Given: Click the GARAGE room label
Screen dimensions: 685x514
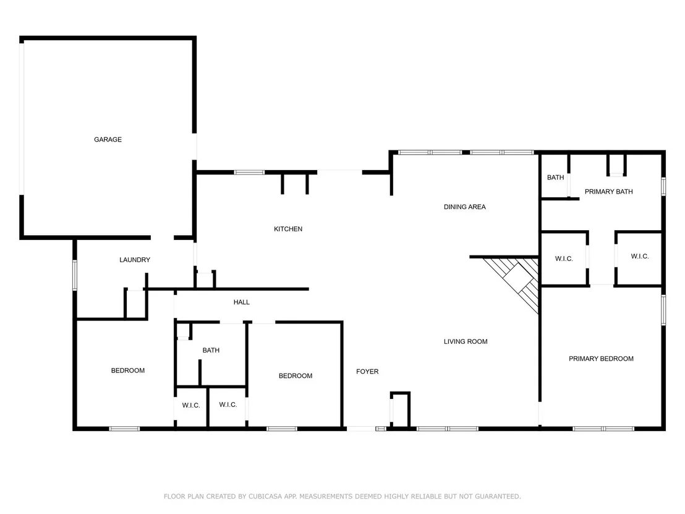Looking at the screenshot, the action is point(108,139).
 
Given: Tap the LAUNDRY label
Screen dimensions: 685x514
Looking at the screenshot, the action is point(135,260).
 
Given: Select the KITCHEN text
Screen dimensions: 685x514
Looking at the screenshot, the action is point(288,229).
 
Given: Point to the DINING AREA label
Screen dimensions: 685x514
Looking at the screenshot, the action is point(465,207).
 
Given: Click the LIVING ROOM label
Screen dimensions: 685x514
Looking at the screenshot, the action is point(466,341).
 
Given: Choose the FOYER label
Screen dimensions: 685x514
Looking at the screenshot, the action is point(367,372).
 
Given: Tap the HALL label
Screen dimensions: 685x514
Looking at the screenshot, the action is point(242,302).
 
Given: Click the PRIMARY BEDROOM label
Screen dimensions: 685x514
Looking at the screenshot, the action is point(601,359).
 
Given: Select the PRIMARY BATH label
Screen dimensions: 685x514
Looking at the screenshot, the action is point(608,192).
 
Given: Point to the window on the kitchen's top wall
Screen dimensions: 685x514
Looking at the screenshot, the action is point(249,173).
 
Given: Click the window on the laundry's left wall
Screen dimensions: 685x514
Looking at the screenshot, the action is point(75,275).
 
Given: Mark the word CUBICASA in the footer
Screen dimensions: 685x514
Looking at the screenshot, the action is point(266,497).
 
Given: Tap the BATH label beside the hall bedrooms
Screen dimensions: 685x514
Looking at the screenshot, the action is point(211,350).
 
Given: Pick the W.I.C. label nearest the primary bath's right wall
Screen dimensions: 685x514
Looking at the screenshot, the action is point(640,256).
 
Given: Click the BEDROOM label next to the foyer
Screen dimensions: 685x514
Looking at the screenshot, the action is point(296,376).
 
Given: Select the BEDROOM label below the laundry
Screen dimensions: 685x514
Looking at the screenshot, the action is point(127,371).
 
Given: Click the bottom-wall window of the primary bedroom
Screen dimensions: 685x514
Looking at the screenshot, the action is point(603,429).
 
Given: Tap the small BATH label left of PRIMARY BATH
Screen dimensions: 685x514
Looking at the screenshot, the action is point(555,178).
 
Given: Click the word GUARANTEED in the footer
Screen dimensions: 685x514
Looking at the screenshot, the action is point(498,497).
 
